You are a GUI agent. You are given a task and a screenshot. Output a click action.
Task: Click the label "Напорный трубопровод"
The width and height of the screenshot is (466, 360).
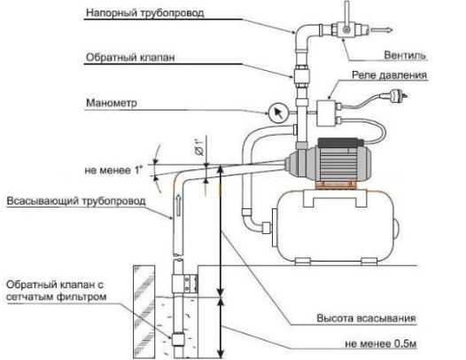click(145, 12)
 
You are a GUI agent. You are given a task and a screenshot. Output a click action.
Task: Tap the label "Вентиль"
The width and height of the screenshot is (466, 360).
click(405, 55)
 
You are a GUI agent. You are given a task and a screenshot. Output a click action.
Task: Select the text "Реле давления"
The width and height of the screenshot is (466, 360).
click(389, 75)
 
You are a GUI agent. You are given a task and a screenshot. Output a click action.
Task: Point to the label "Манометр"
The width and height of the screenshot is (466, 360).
click(112, 103)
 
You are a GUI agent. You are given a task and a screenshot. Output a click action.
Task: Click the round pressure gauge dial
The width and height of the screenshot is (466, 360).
click(278, 113)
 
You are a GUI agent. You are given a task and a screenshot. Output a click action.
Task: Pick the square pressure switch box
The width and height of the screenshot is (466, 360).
click(326, 113)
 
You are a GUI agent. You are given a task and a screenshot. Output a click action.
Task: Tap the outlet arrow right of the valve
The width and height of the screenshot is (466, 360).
click(382, 30)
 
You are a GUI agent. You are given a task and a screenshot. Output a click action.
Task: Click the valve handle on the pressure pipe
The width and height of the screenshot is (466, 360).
click(346, 15)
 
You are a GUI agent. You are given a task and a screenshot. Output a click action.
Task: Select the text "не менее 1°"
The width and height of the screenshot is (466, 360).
click(113, 170)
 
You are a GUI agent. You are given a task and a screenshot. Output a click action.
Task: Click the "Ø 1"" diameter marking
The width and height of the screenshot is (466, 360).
click(199, 147)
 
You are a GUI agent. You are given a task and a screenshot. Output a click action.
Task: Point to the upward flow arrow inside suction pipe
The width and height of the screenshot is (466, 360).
click(178, 205)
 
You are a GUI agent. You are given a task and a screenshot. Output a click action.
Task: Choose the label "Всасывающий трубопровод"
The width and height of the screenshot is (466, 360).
click(76, 200)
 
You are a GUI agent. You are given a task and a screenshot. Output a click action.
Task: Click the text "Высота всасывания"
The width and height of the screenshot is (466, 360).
click(366, 318)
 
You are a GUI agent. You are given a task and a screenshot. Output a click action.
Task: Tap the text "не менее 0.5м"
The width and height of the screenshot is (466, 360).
click(381, 344)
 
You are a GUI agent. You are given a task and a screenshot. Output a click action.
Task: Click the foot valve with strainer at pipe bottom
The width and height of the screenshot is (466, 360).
click(178, 340)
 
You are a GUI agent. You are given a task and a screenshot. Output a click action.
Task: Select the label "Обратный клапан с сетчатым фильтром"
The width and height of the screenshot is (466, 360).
click(56, 291)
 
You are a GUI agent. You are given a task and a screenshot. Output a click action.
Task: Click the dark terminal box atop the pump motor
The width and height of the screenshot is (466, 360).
click(339, 142)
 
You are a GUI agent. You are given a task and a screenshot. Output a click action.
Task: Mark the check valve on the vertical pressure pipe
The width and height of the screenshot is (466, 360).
click(301, 75)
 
